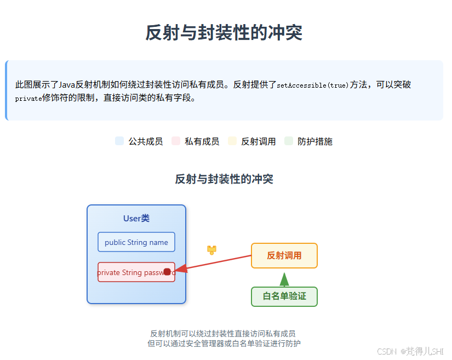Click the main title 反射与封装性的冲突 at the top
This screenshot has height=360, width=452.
tap(224, 32)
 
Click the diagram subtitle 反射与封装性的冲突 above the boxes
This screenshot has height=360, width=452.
tap(224, 179)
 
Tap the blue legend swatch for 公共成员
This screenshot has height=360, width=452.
tap(119, 141)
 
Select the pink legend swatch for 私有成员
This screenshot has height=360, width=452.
tap(176, 141)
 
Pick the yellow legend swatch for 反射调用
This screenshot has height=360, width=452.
tap(232, 141)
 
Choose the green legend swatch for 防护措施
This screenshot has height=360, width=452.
tap(289, 141)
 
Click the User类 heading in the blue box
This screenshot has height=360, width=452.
tap(136, 219)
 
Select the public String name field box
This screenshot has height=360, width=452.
tap(136, 242)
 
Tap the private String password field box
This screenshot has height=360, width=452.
tap(136, 272)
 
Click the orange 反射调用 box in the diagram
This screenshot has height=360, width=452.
tap(284, 255)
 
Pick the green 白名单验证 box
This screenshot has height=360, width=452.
tap(284, 296)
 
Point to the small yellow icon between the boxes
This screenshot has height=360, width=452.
tap(211, 250)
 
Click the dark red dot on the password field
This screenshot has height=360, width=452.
tap(167, 272)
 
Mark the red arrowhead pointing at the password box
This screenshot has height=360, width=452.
tap(181, 269)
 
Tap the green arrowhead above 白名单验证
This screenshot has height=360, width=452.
tap(284, 280)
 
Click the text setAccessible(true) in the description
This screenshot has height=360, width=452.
tap(312, 85)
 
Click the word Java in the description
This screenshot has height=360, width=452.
tap(67, 85)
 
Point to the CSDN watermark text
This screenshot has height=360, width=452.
tap(386, 351)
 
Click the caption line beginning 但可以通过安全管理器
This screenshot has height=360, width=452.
tap(224, 344)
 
